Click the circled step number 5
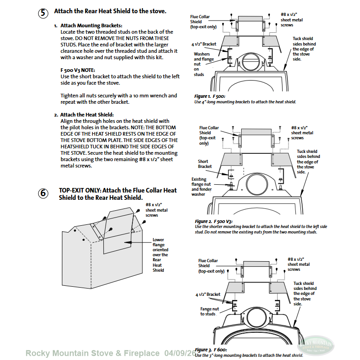[43, 13]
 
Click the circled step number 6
[43, 193]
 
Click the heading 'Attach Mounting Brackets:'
[91, 25]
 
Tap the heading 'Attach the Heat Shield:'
[87, 115]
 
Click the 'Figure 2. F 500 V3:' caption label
[213, 221]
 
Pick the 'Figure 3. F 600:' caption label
[210, 350]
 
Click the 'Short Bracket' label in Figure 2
[205, 164]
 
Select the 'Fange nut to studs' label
[209, 311]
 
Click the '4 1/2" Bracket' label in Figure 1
[203, 44]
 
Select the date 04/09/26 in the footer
[181, 353]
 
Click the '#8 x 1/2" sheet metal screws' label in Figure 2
[302, 133]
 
